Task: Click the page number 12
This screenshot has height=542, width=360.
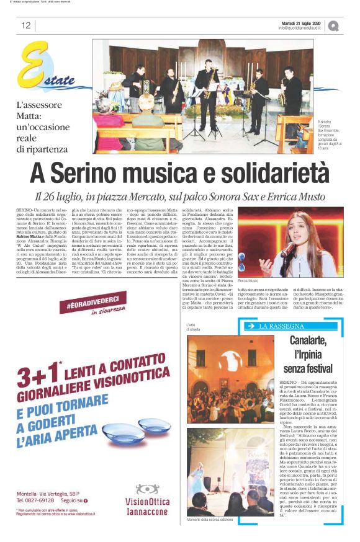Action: click(25, 25)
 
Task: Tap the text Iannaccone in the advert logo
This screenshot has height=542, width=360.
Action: click(147, 512)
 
